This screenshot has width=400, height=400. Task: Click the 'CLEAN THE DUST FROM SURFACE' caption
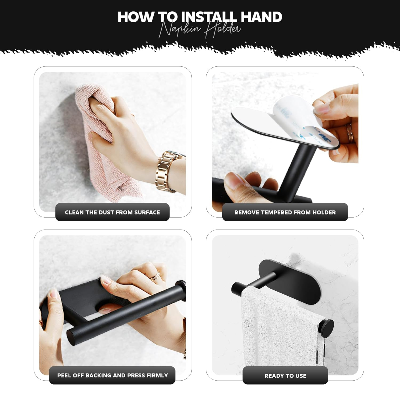pyautogui.click(x=112, y=213)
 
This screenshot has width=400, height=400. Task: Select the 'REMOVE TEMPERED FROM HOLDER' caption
pyautogui.click(x=285, y=213)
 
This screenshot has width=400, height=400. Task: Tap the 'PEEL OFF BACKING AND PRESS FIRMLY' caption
pyautogui.click(x=113, y=375)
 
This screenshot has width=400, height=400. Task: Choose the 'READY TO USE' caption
pyautogui.click(x=285, y=376)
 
